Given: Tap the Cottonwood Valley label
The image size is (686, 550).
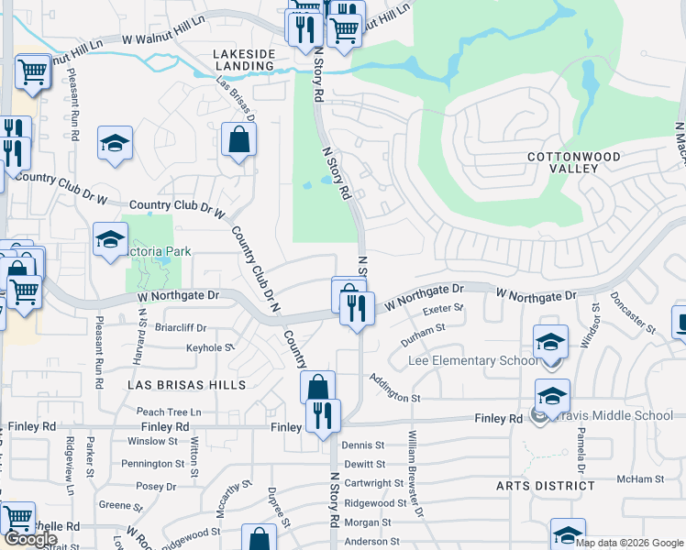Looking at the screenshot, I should pyautogui.click(x=574, y=162).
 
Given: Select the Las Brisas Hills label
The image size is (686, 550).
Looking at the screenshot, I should pyautogui.click(x=186, y=385).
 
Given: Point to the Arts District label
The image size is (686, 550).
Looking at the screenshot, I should pyautogui.click(x=547, y=485).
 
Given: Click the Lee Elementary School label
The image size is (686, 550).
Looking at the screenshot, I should pyautogui.click(x=473, y=361).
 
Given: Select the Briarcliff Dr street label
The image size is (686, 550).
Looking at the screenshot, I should pyautogui.click(x=181, y=327).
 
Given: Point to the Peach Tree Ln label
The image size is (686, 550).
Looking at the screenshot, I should pyautogui.click(x=169, y=412).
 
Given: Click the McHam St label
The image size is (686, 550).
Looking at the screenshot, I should pyautogui.click(x=640, y=479).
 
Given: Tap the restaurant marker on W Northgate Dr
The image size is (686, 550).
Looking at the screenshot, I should pyautogui.click(x=357, y=307).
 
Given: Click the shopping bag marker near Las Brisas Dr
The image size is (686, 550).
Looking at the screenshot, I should pyautogui.click(x=238, y=140).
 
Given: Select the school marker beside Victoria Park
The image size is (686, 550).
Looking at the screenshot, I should pyautogui.click(x=111, y=240).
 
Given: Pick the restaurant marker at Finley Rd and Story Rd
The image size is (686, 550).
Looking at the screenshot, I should pyautogui.click(x=323, y=416).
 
